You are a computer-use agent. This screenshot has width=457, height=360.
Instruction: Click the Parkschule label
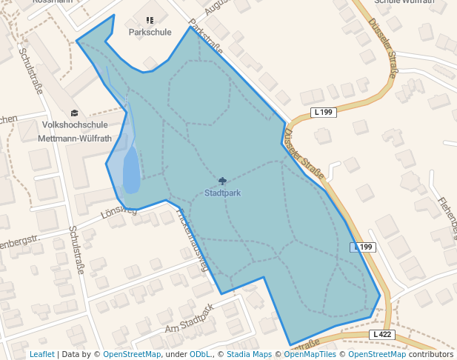tap(150, 33)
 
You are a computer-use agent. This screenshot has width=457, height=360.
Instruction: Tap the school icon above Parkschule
tap(150, 21)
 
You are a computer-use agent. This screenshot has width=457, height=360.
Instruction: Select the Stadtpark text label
tap(222, 193)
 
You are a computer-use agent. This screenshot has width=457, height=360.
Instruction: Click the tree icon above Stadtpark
tap(222, 181)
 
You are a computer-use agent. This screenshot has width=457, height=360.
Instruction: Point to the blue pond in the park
tap(130, 171)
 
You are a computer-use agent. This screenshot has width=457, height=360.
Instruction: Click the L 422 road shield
tap(381, 335)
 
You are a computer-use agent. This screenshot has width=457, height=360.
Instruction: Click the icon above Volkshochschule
tap(73, 113)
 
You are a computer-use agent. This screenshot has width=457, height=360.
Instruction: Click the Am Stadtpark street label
tap(190, 319)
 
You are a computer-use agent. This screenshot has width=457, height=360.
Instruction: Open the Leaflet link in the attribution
tap(42, 355)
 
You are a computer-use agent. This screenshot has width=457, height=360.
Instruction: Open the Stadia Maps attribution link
tap(249, 355)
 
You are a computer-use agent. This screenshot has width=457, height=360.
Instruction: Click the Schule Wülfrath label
tap(404, 2)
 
